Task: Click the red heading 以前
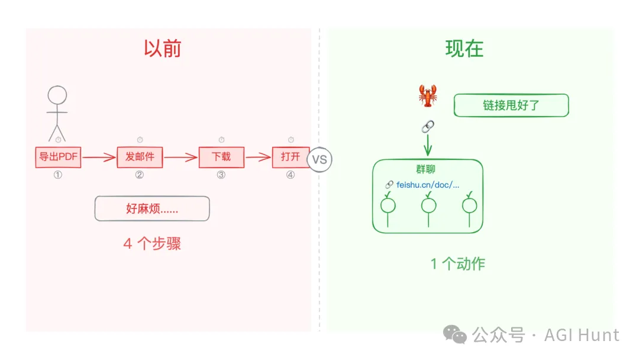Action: tap(162, 49)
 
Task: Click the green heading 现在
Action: tap(464, 49)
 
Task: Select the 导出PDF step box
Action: tap(58, 157)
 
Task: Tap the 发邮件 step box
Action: tap(140, 157)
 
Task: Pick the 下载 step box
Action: tap(221, 157)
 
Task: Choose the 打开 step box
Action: tap(291, 157)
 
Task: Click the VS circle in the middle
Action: tap(319, 159)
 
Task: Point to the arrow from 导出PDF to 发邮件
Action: tap(99, 157)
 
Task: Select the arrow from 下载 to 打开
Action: tap(258, 157)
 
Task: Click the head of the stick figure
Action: tap(57, 95)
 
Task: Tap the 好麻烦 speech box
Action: tap(152, 208)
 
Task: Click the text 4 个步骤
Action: tap(152, 243)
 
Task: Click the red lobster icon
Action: tap(428, 95)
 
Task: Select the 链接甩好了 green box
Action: tap(511, 105)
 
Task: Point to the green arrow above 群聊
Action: tap(428, 145)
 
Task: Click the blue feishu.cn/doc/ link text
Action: tap(427, 184)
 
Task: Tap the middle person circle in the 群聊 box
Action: tap(428, 205)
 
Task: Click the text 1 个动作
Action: tap(457, 263)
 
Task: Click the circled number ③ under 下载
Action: tap(221, 175)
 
